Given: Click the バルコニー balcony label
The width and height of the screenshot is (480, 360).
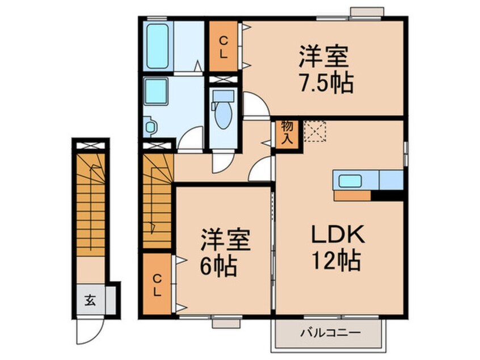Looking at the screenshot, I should [x=326, y=333].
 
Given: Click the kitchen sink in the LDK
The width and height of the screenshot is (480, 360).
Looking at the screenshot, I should [x=351, y=181].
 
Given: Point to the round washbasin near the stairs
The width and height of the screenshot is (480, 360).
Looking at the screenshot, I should [x=149, y=126].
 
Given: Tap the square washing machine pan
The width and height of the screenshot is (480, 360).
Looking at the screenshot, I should [x=155, y=91].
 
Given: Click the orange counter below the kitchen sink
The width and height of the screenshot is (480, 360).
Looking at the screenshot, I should [x=352, y=195].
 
